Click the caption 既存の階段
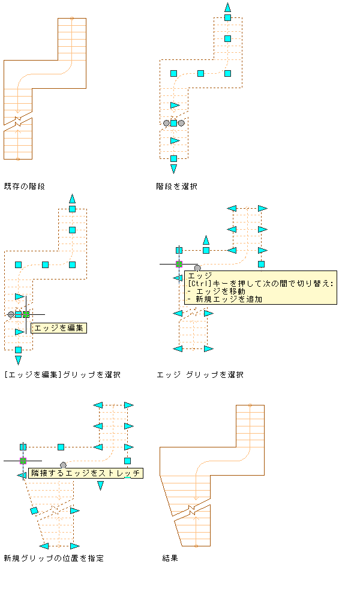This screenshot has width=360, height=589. tap(25, 187)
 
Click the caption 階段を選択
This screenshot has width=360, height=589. tap(176, 187)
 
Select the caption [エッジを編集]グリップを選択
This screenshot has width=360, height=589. tap(62, 374)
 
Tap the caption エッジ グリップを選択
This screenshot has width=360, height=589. tap(200, 374)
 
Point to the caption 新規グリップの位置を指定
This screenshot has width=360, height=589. tap(54, 558)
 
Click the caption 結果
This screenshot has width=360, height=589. tap(170, 558)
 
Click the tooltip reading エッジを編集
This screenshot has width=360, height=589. tap(59, 328)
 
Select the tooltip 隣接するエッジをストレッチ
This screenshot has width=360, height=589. tap(86, 473)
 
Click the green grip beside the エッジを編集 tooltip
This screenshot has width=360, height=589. tap(26, 314)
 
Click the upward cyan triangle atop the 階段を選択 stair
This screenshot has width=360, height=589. tap(227, 7)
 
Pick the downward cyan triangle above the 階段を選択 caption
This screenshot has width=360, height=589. tap(173, 169)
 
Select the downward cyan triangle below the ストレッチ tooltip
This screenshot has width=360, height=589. tap(100, 486)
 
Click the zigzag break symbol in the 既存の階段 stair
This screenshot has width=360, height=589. tap(17, 121)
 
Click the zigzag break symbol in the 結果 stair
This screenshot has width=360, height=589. tap(191, 510)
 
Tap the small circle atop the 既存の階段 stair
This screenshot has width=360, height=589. tap(72, 18)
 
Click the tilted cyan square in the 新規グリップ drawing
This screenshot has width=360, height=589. tap(34, 510)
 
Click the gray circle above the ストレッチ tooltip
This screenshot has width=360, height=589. tap(63, 465)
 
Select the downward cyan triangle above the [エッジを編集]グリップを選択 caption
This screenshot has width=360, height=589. tap(19, 360)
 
